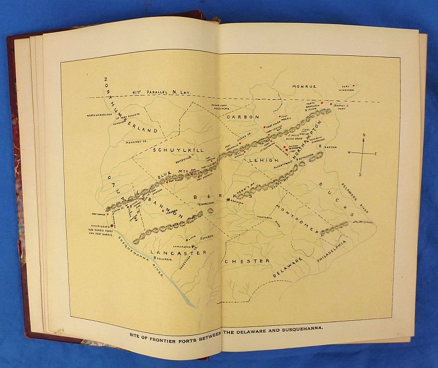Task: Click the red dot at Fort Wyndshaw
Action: tap(354, 86)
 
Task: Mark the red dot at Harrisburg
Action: tap(112, 225)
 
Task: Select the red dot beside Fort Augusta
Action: tap(117, 118)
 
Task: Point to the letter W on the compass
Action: tap(349, 153)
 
